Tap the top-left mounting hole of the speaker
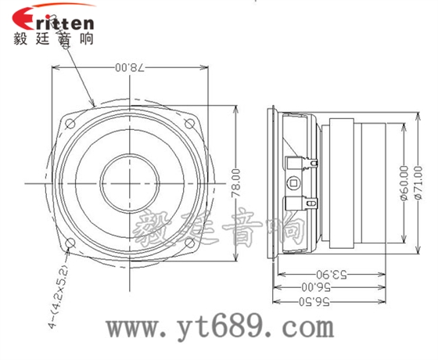pyautogui.click(x=72, y=122)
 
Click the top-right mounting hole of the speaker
pyautogui.click(x=188, y=122)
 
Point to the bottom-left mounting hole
pyautogui.click(x=72, y=243)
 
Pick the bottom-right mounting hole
pyautogui.click(x=188, y=243)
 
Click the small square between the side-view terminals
pyautogui.click(x=294, y=183)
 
